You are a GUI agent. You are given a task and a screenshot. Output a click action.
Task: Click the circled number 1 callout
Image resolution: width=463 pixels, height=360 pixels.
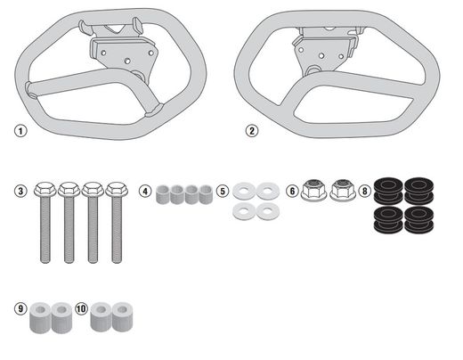coord(20,131)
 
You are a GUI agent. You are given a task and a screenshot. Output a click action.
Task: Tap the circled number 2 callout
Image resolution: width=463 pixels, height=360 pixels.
coord(252,131)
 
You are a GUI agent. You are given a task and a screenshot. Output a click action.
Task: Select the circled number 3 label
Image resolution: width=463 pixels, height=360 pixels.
coord(20,191)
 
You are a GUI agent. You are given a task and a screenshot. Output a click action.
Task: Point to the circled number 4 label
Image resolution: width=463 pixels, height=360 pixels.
coord(145,191)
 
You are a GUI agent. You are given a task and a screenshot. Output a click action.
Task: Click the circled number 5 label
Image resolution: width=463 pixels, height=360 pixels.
coord(223,191)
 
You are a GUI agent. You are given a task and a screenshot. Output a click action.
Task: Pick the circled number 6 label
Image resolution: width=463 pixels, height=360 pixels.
coord(292,191)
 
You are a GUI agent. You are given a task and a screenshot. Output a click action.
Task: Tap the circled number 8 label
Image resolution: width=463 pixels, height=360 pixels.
coord(365,191)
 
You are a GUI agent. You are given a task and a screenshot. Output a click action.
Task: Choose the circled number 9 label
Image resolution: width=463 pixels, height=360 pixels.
coord(20,308)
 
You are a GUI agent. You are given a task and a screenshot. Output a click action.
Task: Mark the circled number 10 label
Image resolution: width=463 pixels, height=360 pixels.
coord(81,308)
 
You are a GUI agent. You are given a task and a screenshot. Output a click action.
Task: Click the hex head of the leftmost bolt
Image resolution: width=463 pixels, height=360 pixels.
coord(45,189)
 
